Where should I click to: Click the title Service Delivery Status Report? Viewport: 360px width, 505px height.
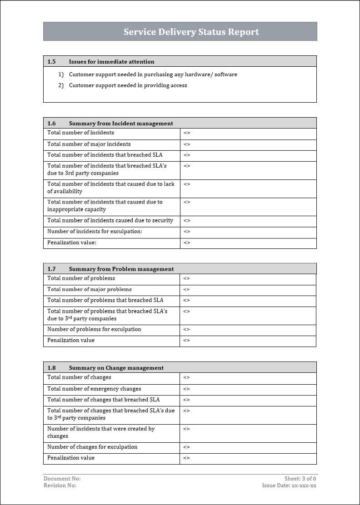(191, 32)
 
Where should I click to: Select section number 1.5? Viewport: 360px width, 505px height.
(51, 62)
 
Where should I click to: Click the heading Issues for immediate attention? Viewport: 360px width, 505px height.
(111, 62)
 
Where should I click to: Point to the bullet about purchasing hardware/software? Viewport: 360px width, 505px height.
(153, 74)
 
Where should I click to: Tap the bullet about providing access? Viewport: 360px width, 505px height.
(128, 85)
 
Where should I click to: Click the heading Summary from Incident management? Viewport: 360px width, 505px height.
(121, 124)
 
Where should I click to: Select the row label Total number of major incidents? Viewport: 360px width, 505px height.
(89, 144)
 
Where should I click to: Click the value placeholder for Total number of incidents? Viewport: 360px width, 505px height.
(187, 133)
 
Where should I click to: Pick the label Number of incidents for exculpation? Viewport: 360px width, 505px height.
(95, 232)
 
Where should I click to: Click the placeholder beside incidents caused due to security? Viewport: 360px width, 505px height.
(187, 221)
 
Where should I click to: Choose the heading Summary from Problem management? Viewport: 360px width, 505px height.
(121, 269)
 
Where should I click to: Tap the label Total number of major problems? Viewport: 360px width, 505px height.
(90, 289)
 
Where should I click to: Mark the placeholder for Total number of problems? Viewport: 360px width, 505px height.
(187, 278)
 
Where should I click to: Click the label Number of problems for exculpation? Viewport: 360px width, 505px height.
(94, 329)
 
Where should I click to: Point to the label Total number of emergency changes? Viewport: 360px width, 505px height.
(94, 389)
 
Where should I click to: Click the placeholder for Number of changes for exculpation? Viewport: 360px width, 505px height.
(187, 447)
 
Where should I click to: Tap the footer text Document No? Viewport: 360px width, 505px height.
(62, 479)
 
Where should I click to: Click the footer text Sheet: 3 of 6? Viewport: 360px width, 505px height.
(300, 479)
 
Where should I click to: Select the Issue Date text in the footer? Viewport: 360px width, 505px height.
(289, 485)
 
